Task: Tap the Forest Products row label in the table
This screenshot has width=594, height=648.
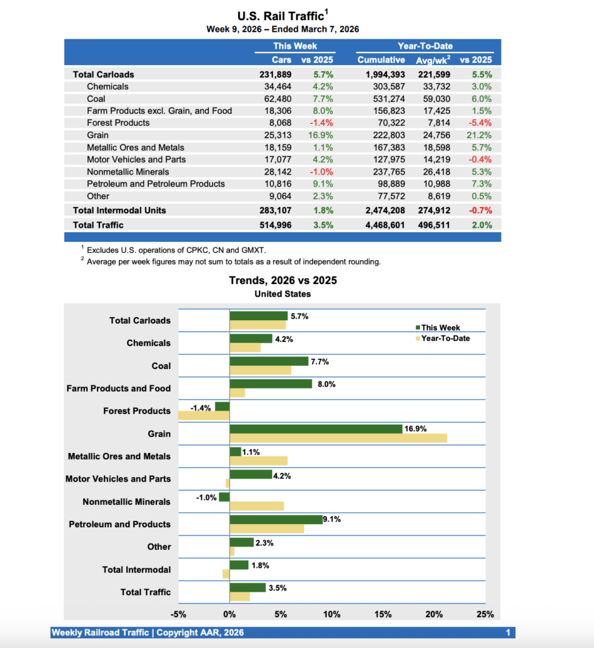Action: click(x=118, y=123)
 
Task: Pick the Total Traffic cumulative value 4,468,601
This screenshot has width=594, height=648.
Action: click(x=380, y=225)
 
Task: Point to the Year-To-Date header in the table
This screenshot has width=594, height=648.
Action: click(x=424, y=46)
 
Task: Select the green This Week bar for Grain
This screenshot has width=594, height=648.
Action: click(x=316, y=429)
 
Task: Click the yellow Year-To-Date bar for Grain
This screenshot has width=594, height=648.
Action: click(x=338, y=438)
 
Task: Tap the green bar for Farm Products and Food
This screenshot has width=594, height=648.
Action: click(x=270, y=383)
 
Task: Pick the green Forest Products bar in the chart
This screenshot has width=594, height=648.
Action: click(x=222, y=406)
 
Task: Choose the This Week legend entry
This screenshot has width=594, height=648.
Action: click(x=440, y=328)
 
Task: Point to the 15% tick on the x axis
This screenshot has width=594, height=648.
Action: click(x=382, y=614)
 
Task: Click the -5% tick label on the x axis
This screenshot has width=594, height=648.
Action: click(x=179, y=614)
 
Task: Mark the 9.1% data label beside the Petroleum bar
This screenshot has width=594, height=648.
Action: click(x=332, y=520)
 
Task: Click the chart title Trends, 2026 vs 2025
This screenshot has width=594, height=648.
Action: click(x=282, y=280)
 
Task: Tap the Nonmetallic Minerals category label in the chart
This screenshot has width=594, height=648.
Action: click(x=126, y=502)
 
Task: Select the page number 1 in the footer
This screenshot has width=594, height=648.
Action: click(x=508, y=633)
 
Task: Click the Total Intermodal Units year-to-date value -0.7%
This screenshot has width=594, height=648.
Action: click(x=479, y=210)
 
